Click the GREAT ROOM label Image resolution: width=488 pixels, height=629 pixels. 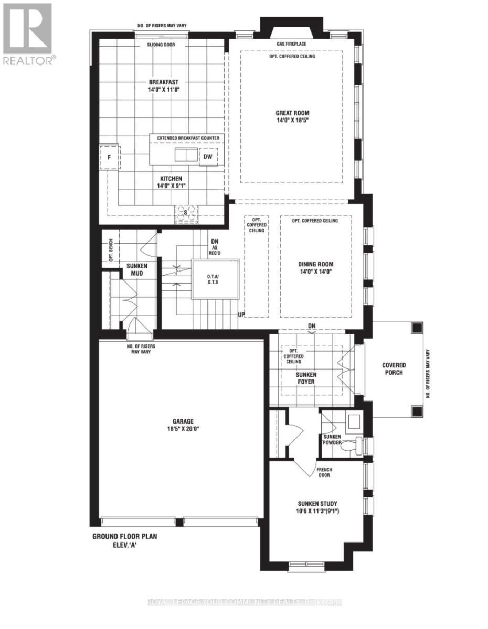(292, 113)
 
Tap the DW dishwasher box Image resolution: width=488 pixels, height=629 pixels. (208, 156)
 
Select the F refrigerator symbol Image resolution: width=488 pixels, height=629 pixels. (110, 157)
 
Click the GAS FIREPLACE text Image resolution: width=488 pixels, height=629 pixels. (292, 44)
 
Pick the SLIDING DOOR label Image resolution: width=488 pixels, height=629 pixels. (161, 45)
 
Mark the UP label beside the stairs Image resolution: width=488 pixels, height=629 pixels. (241, 314)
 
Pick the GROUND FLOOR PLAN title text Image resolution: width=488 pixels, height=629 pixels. (124, 537)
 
